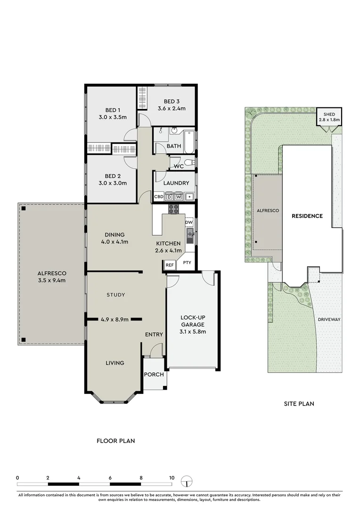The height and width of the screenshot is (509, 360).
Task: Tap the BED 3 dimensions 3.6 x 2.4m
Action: click(x=172, y=108)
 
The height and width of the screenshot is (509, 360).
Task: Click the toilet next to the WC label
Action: click(x=189, y=163)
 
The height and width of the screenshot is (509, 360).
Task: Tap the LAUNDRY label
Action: click(x=176, y=183)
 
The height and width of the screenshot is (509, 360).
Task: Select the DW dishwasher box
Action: click(x=189, y=222)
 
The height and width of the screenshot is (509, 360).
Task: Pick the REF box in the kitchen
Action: click(x=170, y=265)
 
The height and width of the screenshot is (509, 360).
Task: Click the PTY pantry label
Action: click(x=187, y=263)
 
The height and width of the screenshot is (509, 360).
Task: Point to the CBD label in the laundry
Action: click(x=159, y=197)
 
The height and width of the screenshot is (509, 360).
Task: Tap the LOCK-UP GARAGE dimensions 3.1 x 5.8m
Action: click(x=193, y=331)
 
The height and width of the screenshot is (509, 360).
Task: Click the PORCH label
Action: click(x=154, y=375)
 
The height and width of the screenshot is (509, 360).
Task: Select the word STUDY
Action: click(x=115, y=295)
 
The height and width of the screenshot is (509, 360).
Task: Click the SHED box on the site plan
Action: click(x=328, y=116)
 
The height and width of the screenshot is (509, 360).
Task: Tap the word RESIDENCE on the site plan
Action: click(x=307, y=216)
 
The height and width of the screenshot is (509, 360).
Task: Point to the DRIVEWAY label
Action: click(x=328, y=319)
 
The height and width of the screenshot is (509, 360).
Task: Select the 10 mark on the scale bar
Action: click(x=172, y=477)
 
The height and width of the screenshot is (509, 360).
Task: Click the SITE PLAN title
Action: click(x=299, y=403)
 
